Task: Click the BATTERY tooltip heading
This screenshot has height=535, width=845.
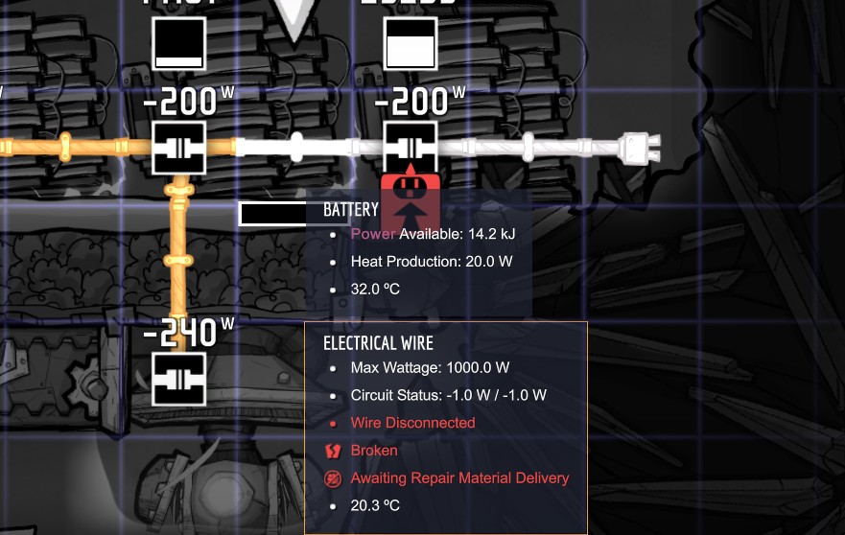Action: coord(351,210)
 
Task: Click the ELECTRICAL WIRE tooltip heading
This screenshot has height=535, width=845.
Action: coord(378,343)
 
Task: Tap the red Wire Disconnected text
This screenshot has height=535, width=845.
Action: coord(412,423)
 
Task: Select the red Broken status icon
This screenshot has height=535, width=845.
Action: coord(334,451)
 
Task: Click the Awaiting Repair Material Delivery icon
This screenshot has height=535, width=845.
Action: coord(334,478)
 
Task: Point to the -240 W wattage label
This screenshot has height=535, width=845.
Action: coord(188,333)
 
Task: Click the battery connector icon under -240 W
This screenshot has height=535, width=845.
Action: coord(179,379)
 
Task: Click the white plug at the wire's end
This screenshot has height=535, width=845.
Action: coord(639,147)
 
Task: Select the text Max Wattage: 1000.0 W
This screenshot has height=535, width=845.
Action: coord(430,368)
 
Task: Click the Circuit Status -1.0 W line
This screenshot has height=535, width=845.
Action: coord(448,395)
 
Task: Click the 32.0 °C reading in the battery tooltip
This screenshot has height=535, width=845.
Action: coord(374,289)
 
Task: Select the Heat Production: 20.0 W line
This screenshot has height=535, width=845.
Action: coord(432,261)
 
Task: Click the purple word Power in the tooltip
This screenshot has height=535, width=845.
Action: coord(373,234)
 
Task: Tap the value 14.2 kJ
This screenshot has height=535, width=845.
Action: coord(492,234)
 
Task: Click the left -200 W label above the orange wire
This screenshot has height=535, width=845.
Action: coord(188,101)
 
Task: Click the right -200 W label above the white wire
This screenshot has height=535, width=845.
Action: coord(419,101)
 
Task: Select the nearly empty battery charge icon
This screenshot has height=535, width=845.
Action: coord(179,44)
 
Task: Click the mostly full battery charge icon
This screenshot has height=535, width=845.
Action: coord(411,44)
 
